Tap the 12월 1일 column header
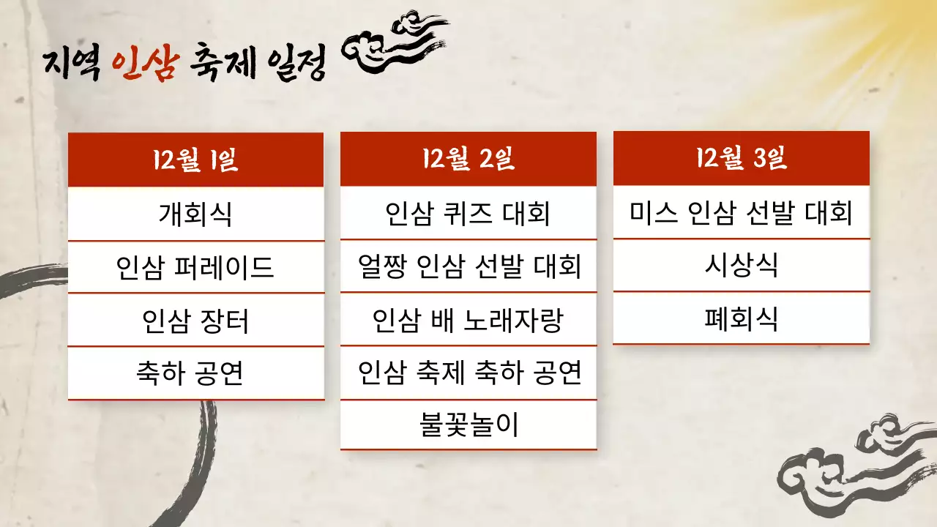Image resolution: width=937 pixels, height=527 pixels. coord(195,160)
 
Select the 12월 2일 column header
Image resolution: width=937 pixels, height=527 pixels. coord(468,159)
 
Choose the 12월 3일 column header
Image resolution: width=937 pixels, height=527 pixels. coord(741,158)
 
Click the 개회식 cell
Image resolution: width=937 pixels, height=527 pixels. coord(195,214)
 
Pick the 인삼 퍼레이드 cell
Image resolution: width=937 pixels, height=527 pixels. coord(195,267)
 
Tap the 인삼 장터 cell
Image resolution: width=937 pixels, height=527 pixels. coord(195,321)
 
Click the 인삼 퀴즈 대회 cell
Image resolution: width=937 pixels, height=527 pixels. coord(468,213)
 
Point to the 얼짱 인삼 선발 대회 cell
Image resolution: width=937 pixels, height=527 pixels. coord(468,266)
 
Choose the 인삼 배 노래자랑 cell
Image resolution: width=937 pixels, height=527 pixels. coord(468,320)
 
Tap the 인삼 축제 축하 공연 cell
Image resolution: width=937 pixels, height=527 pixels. coord(468,373)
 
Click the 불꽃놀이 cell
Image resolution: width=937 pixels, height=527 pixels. coord(468,425)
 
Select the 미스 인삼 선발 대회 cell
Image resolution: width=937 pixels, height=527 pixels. coord(741,212)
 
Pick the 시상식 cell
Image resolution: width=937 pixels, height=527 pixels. coord(741,265)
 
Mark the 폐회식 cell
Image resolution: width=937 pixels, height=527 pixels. coord(741,318)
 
